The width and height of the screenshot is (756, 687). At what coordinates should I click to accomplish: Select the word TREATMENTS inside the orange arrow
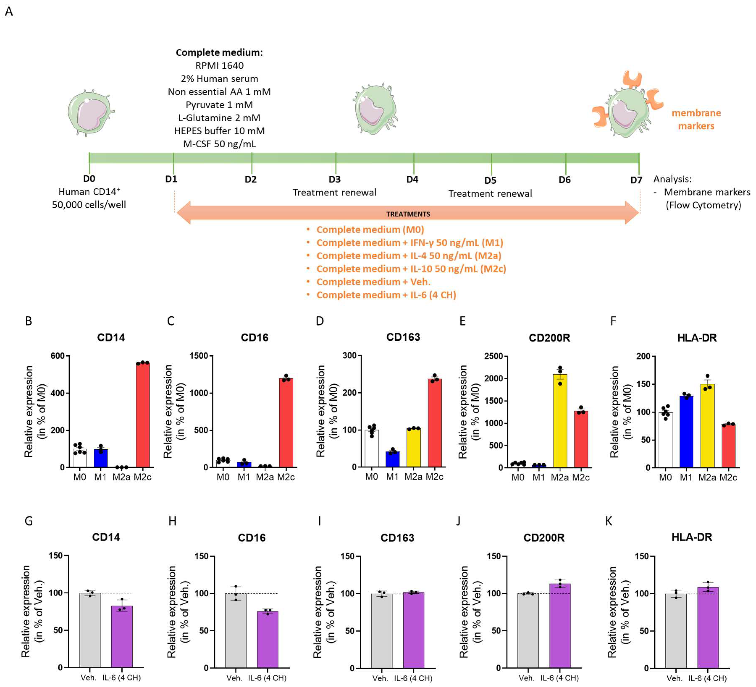pos(408,214)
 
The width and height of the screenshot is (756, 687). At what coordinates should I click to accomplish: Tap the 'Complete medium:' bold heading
pos(219,52)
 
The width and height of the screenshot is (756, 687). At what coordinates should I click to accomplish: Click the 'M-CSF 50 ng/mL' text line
pos(219,144)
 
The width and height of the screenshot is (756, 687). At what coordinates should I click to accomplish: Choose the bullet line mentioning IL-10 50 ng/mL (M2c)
pos(411,269)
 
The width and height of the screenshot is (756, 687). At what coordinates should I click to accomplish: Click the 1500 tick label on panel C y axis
pos(199,356)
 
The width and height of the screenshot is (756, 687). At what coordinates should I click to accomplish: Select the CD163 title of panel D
pos(403,337)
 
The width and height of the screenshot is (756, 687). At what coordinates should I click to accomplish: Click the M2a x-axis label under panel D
pos(413,477)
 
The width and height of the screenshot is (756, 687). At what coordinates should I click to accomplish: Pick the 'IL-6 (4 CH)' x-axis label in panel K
pos(707,678)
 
